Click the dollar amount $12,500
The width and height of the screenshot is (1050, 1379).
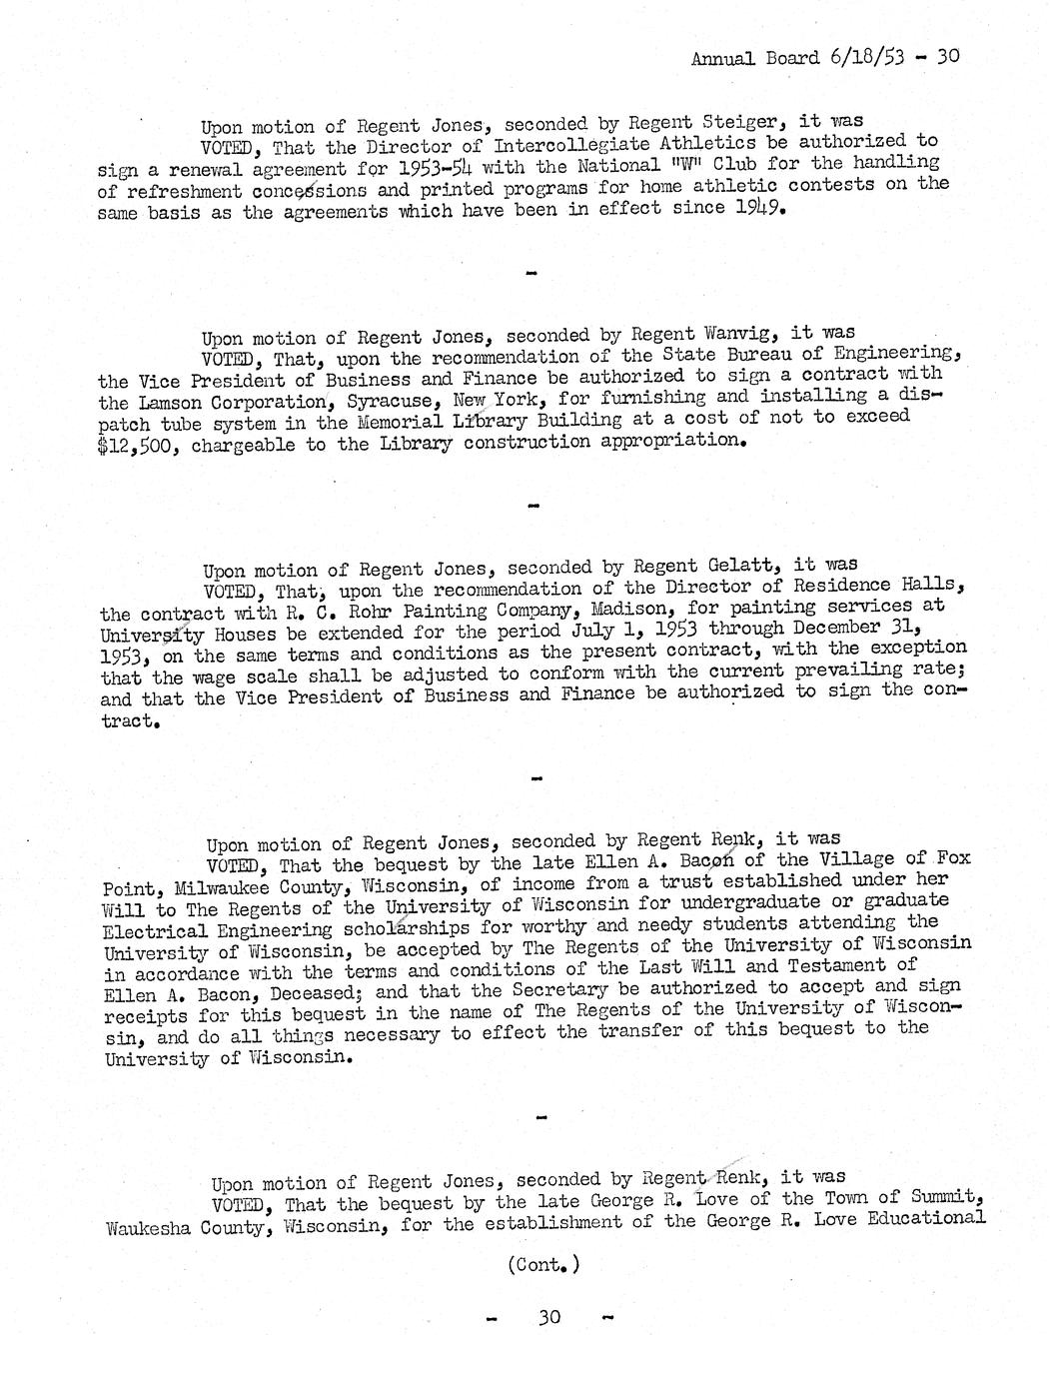click(x=139, y=445)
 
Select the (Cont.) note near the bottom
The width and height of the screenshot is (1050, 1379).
click(x=543, y=1264)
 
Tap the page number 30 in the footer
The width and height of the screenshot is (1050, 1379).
click(x=549, y=1317)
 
